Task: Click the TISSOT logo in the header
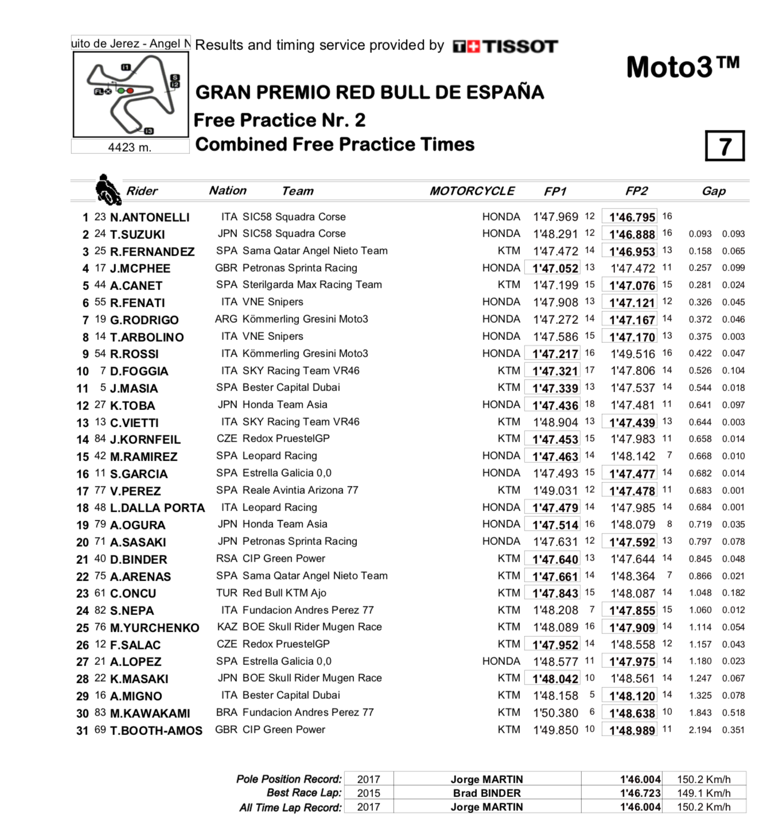tap(505, 47)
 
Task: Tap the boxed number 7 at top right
tap(725, 146)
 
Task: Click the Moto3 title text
tap(683, 67)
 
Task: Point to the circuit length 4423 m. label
tap(130, 147)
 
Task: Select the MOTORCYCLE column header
tap(472, 191)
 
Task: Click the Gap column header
tap(714, 191)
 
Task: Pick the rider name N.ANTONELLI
tap(150, 217)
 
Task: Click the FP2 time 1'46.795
tap(632, 217)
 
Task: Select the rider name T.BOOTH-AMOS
tap(156, 730)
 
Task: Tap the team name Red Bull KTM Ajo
tap(284, 593)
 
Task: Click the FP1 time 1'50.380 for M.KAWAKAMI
tap(555, 713)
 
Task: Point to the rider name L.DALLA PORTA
tap(157, 508)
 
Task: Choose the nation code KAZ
tap(227, 627)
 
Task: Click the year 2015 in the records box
tap(368, 793)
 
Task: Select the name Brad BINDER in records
tap(487, 793)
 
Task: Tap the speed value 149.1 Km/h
tap(703, 793)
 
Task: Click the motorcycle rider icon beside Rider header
tap(107, 189)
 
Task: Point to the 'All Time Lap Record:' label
tap(290, 807)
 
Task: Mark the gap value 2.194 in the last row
tap(700, 730)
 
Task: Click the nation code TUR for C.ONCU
tap(227, 593)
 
